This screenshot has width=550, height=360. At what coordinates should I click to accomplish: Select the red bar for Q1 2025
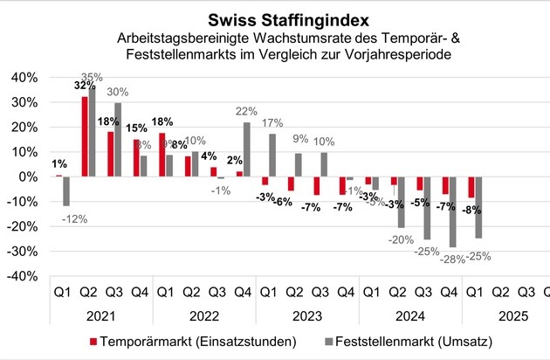(472, 187)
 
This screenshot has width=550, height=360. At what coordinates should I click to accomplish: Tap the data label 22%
(247, 111)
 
